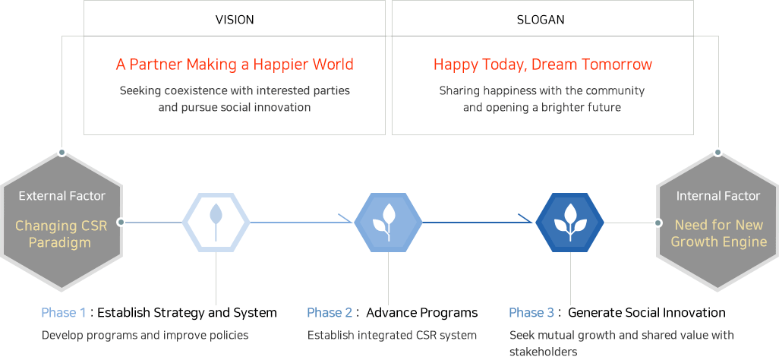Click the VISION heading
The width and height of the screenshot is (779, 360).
[x=235, y=20]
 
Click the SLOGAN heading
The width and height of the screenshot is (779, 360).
[x=541, y=20]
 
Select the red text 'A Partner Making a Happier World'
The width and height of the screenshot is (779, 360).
[x=235, y=65]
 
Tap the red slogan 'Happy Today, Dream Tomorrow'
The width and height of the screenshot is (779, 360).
[x=543, y=65]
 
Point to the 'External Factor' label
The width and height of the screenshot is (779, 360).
[x=62, y=196]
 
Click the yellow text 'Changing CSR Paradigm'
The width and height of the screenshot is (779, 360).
[x=61, y=234]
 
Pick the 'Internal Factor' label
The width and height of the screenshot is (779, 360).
[x=718, y=196]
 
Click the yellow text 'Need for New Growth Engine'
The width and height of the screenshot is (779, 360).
[x=718, y=233]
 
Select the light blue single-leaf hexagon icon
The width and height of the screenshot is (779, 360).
[x=216, y=223]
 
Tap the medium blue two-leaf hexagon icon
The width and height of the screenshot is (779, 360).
[x=388, y=223]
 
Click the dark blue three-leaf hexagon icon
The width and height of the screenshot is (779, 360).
[x=570, y=223]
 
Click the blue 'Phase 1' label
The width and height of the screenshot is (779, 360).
[x=64, y=313]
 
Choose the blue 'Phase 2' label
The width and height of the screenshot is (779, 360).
[x=330, y=313]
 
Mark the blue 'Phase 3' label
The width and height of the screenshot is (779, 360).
[x=531, y=313]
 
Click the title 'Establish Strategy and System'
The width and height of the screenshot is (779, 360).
[x=187, y=313]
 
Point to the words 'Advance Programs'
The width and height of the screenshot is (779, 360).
[x=422, y=313]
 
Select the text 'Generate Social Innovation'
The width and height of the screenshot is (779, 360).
[x=647, y=313]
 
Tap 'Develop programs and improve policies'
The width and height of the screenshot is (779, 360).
[x=145, y=335]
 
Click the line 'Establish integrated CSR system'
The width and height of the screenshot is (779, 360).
[x=392, y=335]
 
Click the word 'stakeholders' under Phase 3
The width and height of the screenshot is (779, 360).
[x=544, y=352]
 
